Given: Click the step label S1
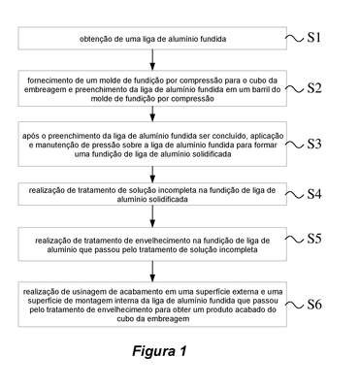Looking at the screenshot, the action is coord(313,38).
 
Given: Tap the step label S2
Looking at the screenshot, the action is coord(314,88).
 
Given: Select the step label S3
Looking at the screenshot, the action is coord(314,144).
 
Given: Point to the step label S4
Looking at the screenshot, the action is coord(314,194).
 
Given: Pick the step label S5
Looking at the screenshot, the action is coord(314,239).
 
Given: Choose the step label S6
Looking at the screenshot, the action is coord(314,305).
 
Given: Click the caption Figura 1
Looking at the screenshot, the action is coord(159,351).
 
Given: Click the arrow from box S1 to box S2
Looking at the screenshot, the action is coord(152,60).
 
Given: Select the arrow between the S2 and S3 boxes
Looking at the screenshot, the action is coord(152,113).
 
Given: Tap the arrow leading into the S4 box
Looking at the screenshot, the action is coord(152,175).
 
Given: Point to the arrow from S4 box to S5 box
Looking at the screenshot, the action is coord(152,216).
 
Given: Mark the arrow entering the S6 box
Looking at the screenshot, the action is coord(152,271).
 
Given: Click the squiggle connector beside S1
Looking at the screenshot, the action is coord(295,38).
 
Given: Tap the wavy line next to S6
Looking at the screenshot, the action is coord(295,305).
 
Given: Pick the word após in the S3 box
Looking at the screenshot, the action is coord(29,136).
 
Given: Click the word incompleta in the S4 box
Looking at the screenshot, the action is coord(181,190).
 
